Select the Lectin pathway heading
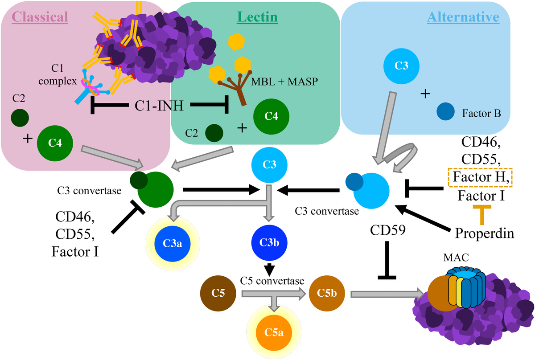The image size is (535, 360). [257, 17]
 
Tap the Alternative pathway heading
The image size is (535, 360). [463, 17]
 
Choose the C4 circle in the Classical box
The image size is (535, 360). [54, 143]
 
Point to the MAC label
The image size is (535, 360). [453, 258]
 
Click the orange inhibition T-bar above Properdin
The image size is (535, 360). [481, 209]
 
